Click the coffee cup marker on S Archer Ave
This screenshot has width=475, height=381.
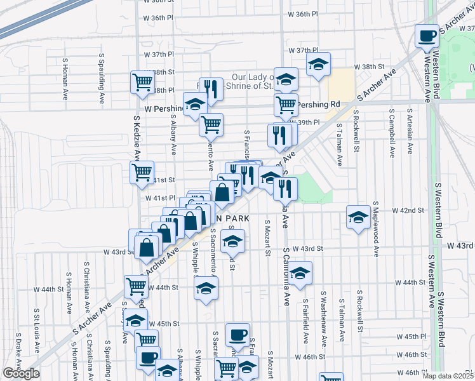click(x=427, y=36)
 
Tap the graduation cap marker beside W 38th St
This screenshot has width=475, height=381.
click(x=319, y=65)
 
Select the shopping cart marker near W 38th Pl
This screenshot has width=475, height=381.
click(x=142, y=82)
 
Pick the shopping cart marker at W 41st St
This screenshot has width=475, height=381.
click(x=142, y=171)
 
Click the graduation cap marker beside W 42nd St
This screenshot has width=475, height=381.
click(x=358, y=218)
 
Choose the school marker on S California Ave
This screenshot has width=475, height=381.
click(x=301, y=273)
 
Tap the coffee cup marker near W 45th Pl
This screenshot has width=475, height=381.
click(x=237, y=335)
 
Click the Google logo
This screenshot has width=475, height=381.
click(x=21, y=373)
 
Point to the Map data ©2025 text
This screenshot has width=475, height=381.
click(x=448, y=376)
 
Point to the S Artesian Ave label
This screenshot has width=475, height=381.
click(x=410, y=135)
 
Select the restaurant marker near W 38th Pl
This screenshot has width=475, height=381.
click(x=210, y=90)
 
